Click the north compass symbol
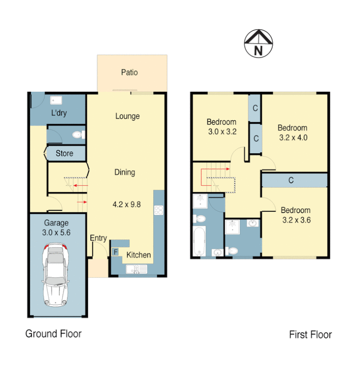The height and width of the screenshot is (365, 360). [258, 44]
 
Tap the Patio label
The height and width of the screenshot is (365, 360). [129, 72]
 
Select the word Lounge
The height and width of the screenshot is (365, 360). [127, 116]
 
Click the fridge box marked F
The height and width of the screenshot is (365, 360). [115, 252]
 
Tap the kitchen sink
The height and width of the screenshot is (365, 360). [136, 271]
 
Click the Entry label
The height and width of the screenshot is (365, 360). [98, 238]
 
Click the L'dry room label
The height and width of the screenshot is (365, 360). [59, 113]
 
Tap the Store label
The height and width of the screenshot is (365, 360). [64, 153]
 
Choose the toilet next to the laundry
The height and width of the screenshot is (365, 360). [77, 135]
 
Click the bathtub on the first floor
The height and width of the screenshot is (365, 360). [199, 241]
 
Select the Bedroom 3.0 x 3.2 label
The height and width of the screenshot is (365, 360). [222, 126]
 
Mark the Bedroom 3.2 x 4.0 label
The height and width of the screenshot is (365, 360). [292, 132]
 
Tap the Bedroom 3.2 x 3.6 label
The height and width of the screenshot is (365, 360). [296, 215]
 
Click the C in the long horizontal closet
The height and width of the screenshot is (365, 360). [291, 180]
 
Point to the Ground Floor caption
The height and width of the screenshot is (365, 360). [53, 334]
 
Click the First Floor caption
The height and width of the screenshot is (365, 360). [310, 334]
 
